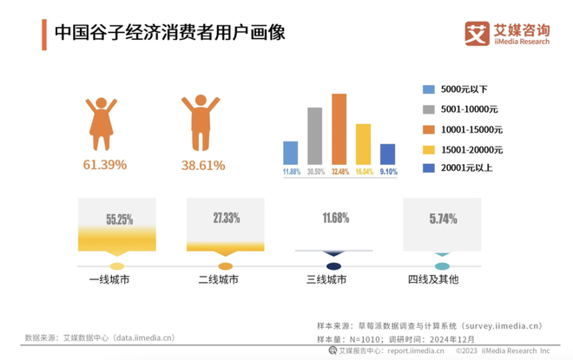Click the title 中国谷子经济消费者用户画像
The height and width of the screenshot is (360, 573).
click(x=170, y=32)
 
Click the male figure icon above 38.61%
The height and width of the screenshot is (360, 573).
click(x=201, y=124)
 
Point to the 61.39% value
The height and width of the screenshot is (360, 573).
click(x=105, y=164)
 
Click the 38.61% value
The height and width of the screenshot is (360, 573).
click(x=202, y=164)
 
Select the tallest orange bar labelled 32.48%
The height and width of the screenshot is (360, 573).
click(x=339, y=129)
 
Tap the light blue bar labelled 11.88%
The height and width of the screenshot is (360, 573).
click(x=291, y=153)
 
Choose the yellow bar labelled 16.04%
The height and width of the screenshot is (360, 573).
click(x=363, y=144)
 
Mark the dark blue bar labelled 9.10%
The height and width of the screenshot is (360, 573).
click(x=387, y=154)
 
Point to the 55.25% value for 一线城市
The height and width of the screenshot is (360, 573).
click(x=118, y=219)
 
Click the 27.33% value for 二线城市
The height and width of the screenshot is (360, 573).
click(x=226, y=218)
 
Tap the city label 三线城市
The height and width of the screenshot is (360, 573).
click(x=326, y=280)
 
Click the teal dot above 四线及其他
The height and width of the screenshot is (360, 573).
click(x=442, y=265)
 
